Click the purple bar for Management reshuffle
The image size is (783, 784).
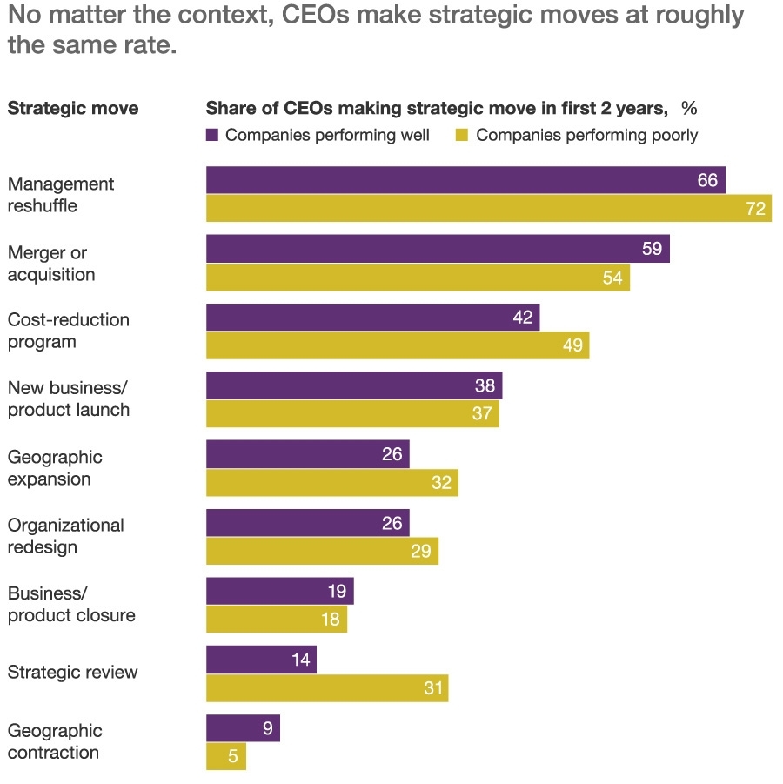pyautogui.click(x=465, y=180)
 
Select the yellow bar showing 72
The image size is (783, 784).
pyautogui.click(x=488, y=209)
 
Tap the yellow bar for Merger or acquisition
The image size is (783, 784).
pyautogui.click(x=418, y=278)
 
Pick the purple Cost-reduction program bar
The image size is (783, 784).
pyautogui.click(x=372, y=318)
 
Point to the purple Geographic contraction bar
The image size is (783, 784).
pyautogui.click(x=243, y=728)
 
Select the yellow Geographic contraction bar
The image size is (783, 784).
pyautogui.click(x=226, y=756)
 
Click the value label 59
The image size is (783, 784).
pyautogui.click(x=652, y=250)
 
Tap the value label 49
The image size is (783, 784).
pyautogui.click(x=571, y=345)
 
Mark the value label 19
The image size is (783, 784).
pyautogui.click(x=336, y=592)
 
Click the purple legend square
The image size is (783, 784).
pyautogui.click(x=212, y=135)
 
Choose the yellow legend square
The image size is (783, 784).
pyautogui.click(x=463, y=135)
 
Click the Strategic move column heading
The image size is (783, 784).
pyautogui.click(x=73, y=109)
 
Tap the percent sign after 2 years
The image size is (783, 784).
pyautogui.click(x=689, y=109)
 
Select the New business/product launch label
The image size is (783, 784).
pyautogui.click(x=69, y=399)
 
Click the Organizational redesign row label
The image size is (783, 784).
pyautogui.click(x=66, y=536)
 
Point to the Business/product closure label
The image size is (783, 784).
pyautogui.click(x=71, y=604)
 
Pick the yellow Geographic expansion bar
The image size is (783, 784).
pyautogui.click(x=331, y=483)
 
